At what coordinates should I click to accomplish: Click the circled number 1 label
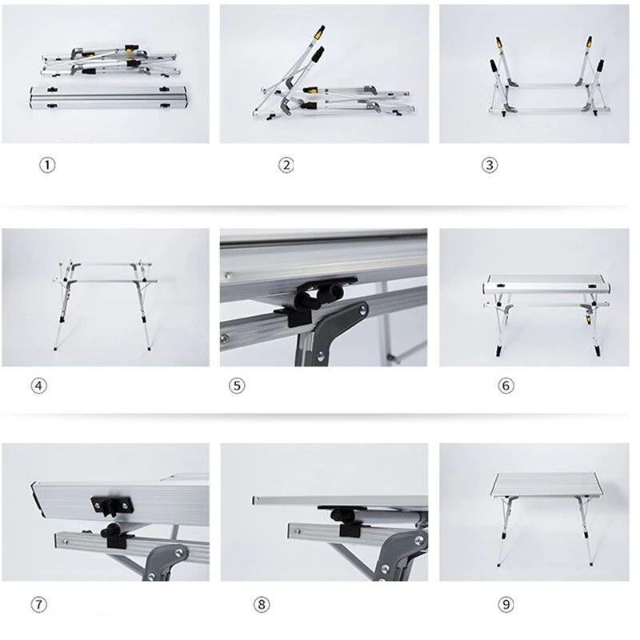48,166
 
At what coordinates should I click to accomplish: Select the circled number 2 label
286,166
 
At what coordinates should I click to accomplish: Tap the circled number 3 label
490,166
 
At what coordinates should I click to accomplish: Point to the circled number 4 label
39,386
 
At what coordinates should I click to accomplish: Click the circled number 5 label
237,386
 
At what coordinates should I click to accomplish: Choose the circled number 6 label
506,386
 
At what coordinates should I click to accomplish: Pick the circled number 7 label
39,605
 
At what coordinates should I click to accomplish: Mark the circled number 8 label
263,605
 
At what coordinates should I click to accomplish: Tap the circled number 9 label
506,605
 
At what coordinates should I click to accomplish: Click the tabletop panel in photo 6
546,285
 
